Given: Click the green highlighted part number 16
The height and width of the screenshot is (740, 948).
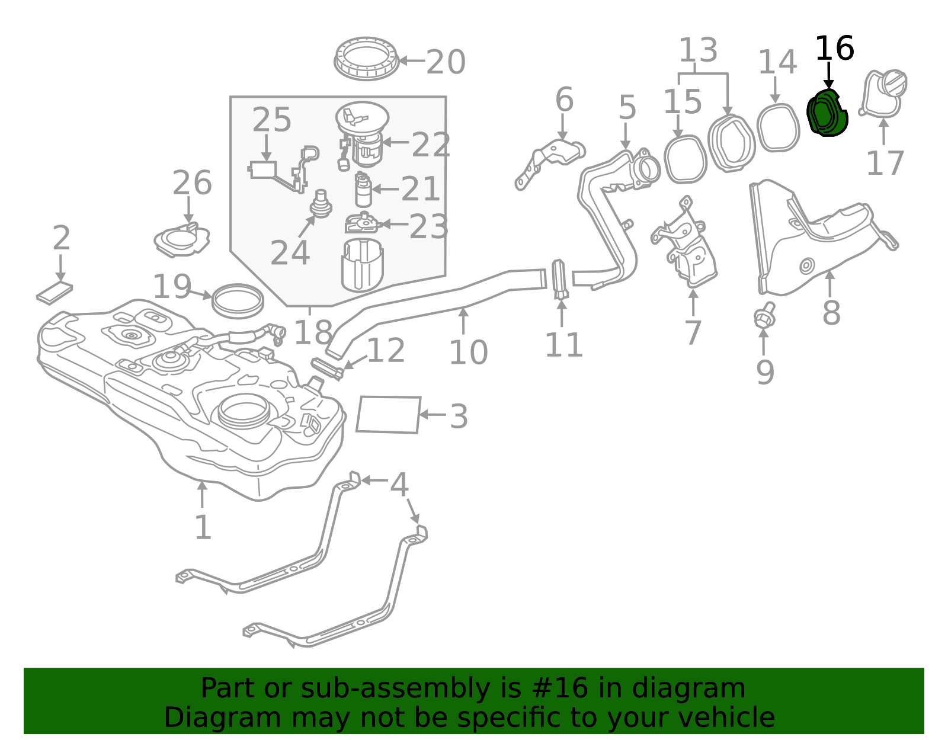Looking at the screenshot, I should click(x=827, y=113).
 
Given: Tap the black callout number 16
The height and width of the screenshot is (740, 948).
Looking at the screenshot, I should click(x=834, y=49).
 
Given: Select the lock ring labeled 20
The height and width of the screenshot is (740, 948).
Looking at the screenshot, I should click(x=366, y=59).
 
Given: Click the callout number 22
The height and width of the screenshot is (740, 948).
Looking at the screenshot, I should click(x=431, y=145).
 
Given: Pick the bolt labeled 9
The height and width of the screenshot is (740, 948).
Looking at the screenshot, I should click(x=764, y=317).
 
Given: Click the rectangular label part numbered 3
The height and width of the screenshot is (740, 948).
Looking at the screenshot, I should click(x=388, y=415).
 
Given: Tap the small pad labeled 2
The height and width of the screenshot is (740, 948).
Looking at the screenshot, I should click(x=55, y=293).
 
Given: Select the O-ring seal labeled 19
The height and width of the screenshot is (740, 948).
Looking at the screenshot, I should click(x=238, y=301).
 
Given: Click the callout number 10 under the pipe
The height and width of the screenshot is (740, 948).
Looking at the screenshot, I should click(x=468, y=353).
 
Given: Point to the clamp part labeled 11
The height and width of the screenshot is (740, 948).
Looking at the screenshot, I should click(x=560, y=279).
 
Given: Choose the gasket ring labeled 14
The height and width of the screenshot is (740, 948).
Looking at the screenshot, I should click(x=778, y=127).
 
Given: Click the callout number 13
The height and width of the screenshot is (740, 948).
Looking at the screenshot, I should click(x=698, y=50).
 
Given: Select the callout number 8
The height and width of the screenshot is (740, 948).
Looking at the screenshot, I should click(x=831, y=313).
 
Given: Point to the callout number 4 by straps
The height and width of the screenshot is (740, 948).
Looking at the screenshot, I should click(x=399, y=485).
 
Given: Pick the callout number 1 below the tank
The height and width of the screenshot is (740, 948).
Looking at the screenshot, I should click(x=203, y=527).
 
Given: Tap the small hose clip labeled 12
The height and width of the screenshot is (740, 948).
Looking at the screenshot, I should click(x=327, y=368).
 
